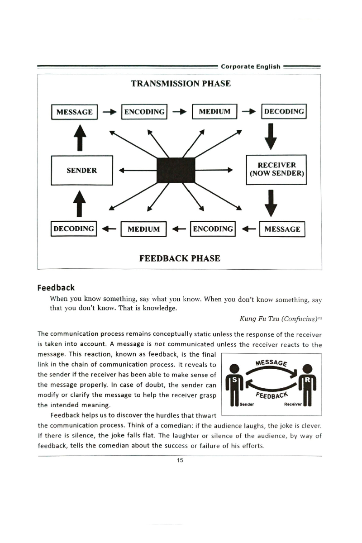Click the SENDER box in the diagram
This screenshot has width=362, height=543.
[82, 170]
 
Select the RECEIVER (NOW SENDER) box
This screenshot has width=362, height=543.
[276, 170]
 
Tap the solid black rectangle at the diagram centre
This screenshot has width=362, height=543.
[176, 170]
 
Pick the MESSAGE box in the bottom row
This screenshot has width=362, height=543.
[282, 229]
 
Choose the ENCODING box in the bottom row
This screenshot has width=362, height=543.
[213, 229]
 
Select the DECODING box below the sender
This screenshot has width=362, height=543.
[74, 229]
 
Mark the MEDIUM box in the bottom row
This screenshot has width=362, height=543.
[144, 229]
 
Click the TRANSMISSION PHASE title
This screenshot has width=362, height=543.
[181, 84]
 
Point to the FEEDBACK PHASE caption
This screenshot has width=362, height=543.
[180, 258]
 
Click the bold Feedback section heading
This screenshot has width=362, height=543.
[56, 288]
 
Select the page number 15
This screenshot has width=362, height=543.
[180, 461]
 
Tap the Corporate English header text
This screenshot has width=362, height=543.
[251, 67]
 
